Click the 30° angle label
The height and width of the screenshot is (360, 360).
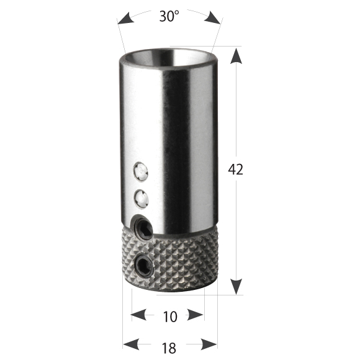pyautogui.click(x=169, y=17)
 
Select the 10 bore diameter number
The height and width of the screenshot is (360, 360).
pyautogui.click(x=169, y=317)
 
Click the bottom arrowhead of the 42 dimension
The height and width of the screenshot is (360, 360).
pyautogui.click(x=236, y=286)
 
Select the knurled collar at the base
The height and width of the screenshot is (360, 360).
pyautogui.click(x=180, y=258)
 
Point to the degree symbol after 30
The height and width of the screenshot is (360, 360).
pyautogui.click(x=178, y=12)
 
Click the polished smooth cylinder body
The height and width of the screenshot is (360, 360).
pyautogui.click(x=180, y=143)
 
